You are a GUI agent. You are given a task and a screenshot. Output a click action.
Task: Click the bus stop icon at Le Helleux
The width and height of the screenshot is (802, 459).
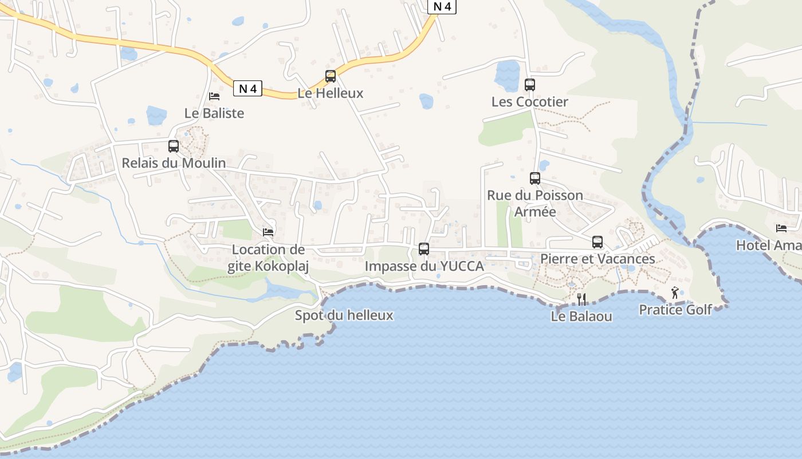pyautogui.click(x=331, y=76)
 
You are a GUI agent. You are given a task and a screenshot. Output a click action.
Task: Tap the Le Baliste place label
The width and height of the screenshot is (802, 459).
pyautogui.click(x=214, y=113)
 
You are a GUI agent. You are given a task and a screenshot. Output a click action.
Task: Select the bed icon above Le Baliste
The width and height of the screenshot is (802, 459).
pyautogui.click(x=214, y=96)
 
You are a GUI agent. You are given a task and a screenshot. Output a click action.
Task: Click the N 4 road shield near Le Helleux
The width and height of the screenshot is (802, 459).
pyautogui.click(x=247, y=89)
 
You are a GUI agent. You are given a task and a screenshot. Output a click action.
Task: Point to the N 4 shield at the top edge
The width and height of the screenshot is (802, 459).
pyautogui.click(x=442, y=6)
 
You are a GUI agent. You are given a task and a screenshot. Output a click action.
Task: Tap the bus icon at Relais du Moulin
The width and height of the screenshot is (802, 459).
pyautogui.click(x=174, y=146)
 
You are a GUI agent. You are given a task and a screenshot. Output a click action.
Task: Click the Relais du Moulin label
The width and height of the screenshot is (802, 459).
pyautogui.click(x=174, y=163)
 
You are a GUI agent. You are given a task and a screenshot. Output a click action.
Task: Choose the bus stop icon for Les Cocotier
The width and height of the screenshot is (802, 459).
pyautogui.click(x=530, y=85)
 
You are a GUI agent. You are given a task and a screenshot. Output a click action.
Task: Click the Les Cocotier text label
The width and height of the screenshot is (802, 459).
pyautogui.click(x=530, y=102)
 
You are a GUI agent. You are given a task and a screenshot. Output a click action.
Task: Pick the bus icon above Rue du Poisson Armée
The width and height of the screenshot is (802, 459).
pyautogui.click(x=535, y=178)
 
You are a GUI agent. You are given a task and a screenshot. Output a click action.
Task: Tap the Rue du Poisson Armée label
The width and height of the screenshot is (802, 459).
pyautogui.click(x=535, y=203)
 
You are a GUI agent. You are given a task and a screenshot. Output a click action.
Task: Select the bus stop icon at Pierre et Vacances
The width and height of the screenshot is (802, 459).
pyautogui.click(x=597, y=242)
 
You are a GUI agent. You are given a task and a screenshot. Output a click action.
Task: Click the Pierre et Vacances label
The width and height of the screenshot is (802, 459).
pyautogui.click(x=597, y=259)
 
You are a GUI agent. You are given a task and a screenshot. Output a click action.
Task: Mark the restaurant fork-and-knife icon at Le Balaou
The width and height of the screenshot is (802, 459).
pyautogui.click(x=581, y=299)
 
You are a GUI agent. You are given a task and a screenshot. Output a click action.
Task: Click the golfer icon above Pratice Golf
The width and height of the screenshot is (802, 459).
pyautogui.click(x=675, y=293)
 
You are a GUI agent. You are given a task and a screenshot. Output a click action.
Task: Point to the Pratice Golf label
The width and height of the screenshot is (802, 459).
pyautogui.click(x=675, y=310)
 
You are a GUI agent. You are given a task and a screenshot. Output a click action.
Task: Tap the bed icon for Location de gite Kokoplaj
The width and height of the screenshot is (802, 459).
pyautogui.click(x=268, y=232)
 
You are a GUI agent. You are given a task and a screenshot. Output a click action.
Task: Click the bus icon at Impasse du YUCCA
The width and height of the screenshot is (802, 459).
pyautogui.click(x=424, y=248)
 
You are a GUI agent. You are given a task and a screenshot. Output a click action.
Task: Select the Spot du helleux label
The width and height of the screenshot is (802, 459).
pyautogui.click(x=344, y=315)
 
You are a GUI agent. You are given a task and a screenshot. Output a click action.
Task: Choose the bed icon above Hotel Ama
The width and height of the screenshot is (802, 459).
pyautogui.click(x=781, y=228)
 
